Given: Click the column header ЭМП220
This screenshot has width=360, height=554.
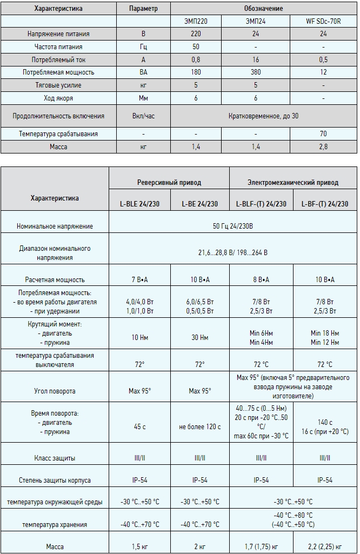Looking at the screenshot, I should point(196,21).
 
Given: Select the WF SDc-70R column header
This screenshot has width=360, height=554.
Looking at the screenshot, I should point(323,21).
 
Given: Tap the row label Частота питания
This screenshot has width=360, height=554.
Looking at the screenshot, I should point(59,46).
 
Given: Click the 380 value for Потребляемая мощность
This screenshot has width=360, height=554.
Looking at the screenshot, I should point(256,72).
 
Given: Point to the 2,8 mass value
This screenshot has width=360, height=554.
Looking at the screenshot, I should point(323,146).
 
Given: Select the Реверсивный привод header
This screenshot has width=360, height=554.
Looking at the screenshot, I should point(169,182).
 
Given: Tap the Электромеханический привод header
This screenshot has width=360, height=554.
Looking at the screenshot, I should point(293,182).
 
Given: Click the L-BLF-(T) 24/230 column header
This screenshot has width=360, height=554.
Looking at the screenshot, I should point(261,204).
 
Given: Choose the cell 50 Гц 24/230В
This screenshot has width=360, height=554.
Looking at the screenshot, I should point(232,226).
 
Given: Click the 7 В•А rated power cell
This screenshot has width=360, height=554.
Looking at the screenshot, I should point(139,279).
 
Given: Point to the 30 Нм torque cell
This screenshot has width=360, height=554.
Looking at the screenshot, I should point(200,337).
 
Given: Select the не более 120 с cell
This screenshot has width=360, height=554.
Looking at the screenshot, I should point(200,427).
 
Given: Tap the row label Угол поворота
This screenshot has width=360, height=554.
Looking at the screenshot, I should point(55,390).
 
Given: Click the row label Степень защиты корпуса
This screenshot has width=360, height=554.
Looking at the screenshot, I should point(55,480).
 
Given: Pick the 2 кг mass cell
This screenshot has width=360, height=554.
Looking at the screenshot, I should point(200,546).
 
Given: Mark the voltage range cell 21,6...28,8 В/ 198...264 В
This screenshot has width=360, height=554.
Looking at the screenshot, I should point(232,252).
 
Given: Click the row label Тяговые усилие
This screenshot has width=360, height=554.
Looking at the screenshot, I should point(59,85).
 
